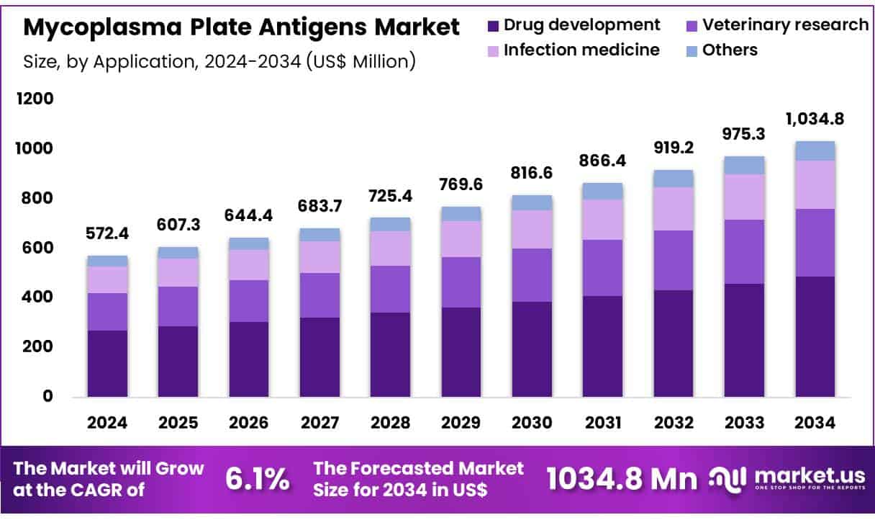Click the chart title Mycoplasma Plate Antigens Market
[x=242, y=27]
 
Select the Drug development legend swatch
[x=493, y=25]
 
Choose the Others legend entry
[x=721, y=50]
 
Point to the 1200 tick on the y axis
[x=34, y=99]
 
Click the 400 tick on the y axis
[x=34, y=297]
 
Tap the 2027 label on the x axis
[x=319, y=423]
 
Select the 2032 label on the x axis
[x=674, y=423]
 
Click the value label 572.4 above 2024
[x=107, y=233]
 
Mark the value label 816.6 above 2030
[x=532, y=174]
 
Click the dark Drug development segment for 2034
[x=815, y=336]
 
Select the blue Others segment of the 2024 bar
[x=107, y=261]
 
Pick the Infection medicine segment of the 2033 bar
[x=744, y=197]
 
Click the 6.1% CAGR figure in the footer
[x=258, y=479]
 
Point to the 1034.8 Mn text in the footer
[x=622, y=479]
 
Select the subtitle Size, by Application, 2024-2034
[x=219, y=61]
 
